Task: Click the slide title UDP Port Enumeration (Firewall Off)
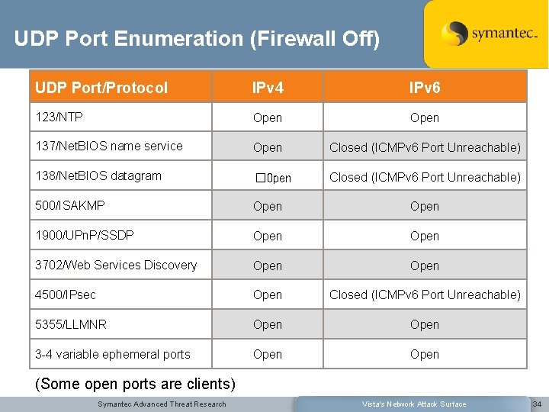[x=196, y=38]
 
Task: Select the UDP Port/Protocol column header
[x=101, y=88]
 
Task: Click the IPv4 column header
[x=268, y=88]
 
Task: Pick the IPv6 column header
[x=424, y=88]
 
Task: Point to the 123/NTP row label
[x=59, y=117]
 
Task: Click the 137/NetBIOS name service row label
[x=109, y=146]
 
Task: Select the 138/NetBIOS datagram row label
[x=98, y=175]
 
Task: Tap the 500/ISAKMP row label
[x=70, y=205]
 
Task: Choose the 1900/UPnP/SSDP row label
[x=85, y=235]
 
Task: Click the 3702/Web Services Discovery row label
[x=116, y=265]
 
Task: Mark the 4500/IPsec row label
[x=66, y=294]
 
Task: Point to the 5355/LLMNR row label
[x=71, y=323]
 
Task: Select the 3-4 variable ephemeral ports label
[x=113, y=353]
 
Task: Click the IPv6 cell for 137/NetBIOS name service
[x=425, y=147]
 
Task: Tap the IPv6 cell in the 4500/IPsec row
[x=425, y=295]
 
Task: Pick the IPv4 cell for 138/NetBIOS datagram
[x=273, y=178]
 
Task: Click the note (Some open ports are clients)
[x=136, y=384]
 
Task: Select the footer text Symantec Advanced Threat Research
[x=162, y=404]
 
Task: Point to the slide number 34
[x=537, y=404]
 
